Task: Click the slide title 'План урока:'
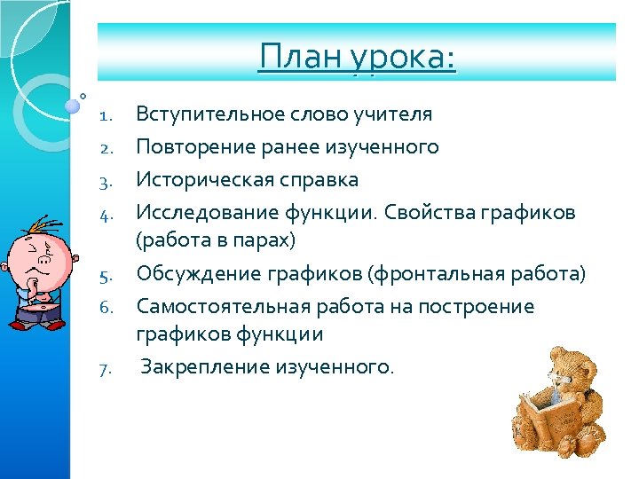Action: [357, 59]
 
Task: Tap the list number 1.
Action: [105, 115]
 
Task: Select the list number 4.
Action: [105, 214]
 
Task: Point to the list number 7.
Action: [105, 368]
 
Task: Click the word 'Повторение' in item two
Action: [186, 146]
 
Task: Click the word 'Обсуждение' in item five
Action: [187, 274]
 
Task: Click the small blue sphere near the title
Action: [72, 106]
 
